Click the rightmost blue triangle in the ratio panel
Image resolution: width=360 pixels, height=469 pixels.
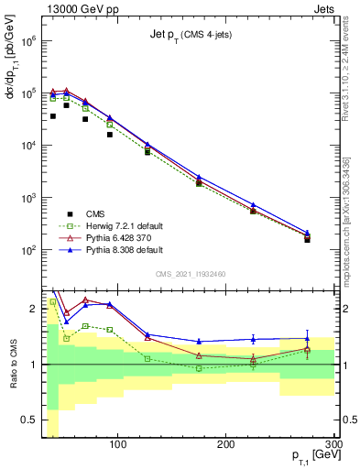pos(307,339)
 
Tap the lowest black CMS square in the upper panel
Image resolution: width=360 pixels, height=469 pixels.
pos(307,240)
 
